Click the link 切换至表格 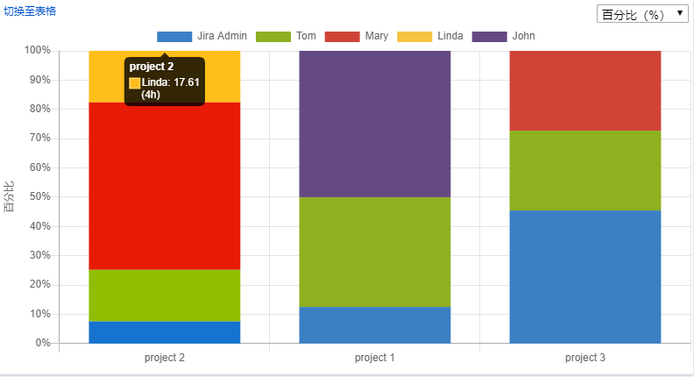tap(30, 11)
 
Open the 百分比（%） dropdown tap(642, 15)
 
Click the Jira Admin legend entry tap(202, 36)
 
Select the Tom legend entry tap(294, 36)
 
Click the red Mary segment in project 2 tap(165, 186)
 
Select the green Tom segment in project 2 tap(165, 295)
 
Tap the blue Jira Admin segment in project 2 tap(165, 332)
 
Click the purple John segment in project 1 tap(375, 124)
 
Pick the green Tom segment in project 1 tap(375, 252)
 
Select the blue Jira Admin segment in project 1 tap(375, 324)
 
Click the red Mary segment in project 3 tap(585, 90)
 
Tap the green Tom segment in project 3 tap(585, 170)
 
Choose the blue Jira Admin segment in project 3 tap(585, 276)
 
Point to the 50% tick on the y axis tap(39, 197)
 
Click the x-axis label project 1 tap(375, 358)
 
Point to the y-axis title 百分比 tap(10, 196)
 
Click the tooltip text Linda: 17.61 tap(171, 82)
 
